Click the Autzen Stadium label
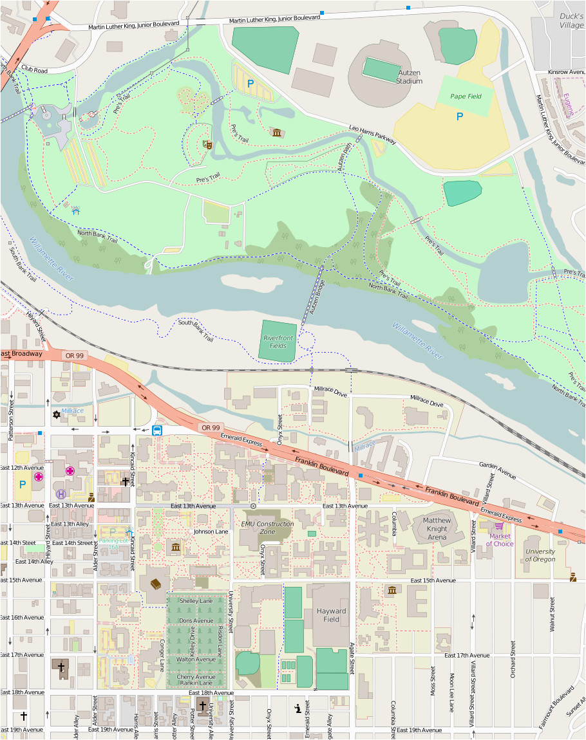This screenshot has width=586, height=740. pos(409,77)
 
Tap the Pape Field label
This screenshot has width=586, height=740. pos(466,97)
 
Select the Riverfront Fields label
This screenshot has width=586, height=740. pos(274,342)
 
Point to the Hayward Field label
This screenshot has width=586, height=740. pos(331,615)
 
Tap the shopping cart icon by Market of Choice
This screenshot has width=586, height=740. pos(498,526)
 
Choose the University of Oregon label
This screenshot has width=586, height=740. pos(540,555)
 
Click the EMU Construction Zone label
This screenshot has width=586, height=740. pos(267,528)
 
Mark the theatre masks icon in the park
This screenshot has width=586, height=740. pos(207,144)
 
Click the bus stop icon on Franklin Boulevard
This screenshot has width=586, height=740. pos(157,430)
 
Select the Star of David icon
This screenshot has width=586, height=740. pos(57,415)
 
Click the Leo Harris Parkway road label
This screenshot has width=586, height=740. pos(372,133)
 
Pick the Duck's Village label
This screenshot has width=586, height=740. pos(571,21)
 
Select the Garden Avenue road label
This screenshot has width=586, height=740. pos(497,470)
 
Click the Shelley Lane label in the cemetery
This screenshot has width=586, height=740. pos(196,600)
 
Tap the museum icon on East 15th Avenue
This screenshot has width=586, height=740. pos(391,590)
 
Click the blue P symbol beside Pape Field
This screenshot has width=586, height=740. pos(459,116)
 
